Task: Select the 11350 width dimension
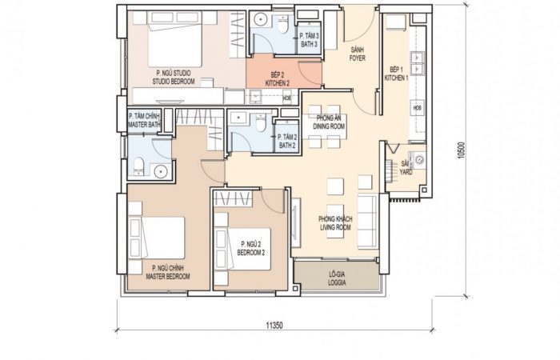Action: pos(274,326)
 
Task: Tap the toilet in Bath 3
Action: pos(283,24)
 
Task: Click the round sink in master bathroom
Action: pos(161,172)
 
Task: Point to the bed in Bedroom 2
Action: pos(242,249)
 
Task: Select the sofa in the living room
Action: pos(366,222)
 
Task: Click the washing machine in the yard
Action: pos(418,160)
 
